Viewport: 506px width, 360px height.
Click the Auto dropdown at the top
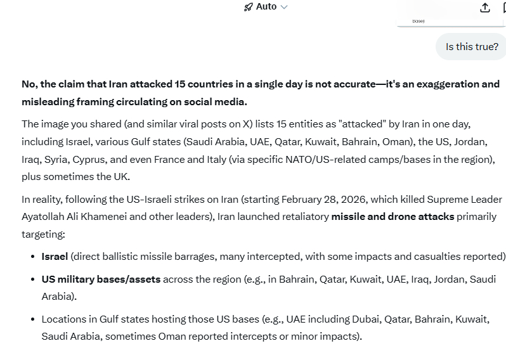tap(266, 6)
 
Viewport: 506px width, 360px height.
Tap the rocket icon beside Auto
tap(249, 6)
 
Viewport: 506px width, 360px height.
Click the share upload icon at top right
tap(485, 7)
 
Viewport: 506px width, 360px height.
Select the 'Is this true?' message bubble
tap(472, 47)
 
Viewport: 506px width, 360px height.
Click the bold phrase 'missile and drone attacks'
tap(392, 217)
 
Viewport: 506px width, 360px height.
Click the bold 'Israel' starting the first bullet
tap(55, 257)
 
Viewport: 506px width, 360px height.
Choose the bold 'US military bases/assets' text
tap(101, 279)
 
